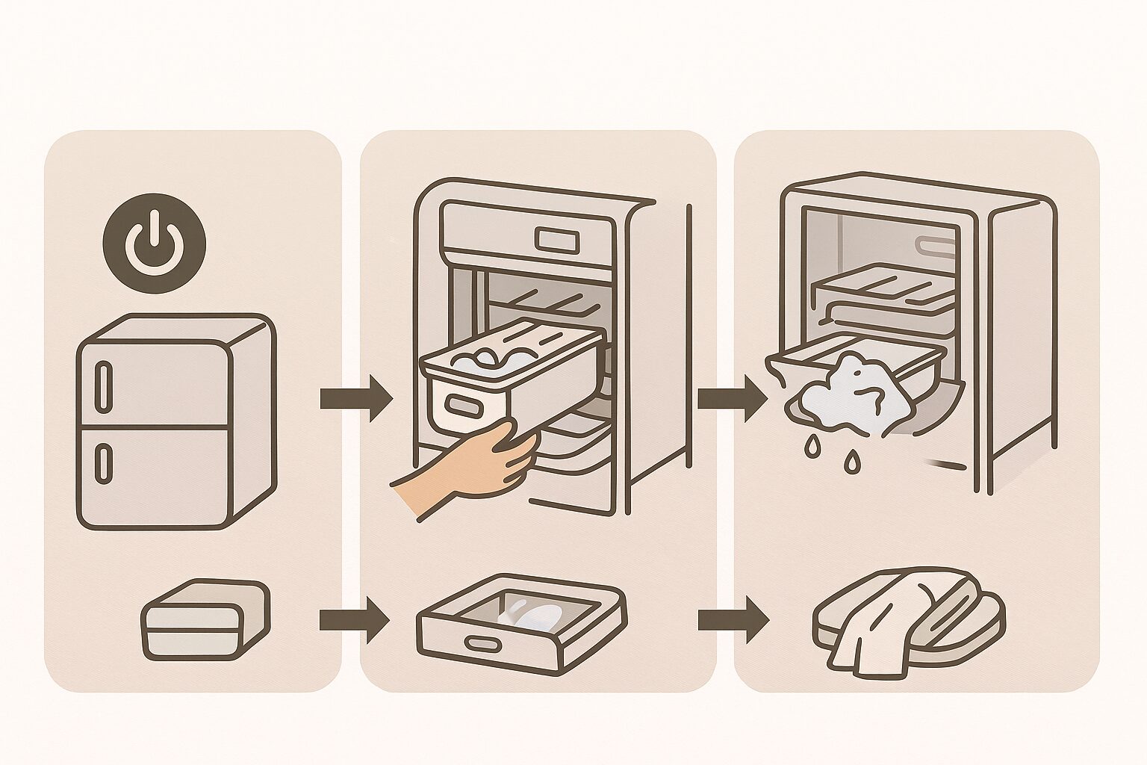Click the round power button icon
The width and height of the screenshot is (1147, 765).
click(x=155, y=240)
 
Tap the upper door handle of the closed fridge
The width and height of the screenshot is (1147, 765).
click(x=103, y=383)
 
